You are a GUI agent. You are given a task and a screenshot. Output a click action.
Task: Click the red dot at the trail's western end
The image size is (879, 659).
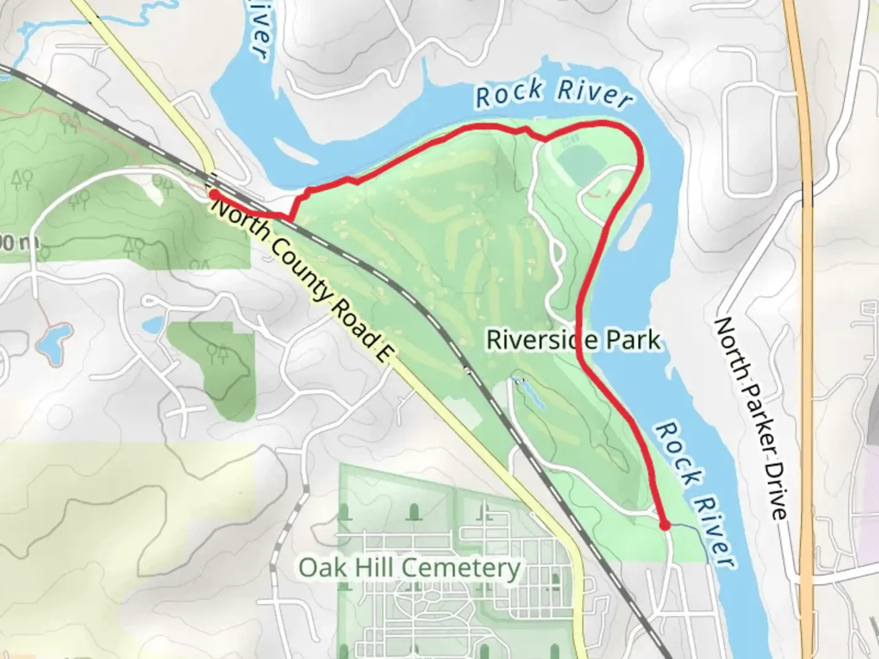pyautogui.click(x=214, y=194)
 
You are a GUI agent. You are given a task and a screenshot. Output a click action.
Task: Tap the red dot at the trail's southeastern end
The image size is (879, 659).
pyautogui.click(x=665, y=525)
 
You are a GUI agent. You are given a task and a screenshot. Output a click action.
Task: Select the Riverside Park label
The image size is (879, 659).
pyautogui.click(x=573, y=340)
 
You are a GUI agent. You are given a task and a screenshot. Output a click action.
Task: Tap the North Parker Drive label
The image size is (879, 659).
pyautogui.click(x=750, y=417)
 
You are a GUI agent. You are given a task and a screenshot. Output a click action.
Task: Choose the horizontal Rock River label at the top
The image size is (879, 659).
pyautogui.click(x=552, y=94)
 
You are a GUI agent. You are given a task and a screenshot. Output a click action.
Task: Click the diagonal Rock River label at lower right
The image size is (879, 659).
pyautogui.click(x=694, y=493)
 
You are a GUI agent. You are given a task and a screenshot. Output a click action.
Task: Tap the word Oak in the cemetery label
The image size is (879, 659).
pyautogui.click(x=317, y=567)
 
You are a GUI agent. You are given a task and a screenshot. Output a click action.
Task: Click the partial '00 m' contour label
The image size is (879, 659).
pyautogui.click(x=18, y=243)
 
